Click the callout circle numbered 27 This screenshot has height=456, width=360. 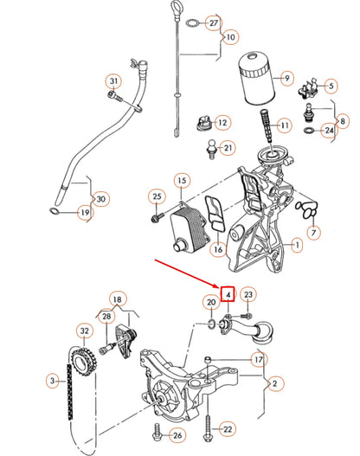(214, 22)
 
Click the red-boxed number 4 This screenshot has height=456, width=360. (227, 295)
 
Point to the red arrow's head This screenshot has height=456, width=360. (220, 287)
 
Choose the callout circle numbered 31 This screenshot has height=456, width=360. (113, 82)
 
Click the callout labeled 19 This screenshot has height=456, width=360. (85, 212)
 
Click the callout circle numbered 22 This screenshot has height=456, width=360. (228, 428)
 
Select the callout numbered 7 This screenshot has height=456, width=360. (313, 232)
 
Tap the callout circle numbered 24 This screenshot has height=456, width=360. (329, 131)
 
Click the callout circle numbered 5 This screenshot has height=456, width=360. (329, 86)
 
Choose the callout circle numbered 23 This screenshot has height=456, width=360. (248, 296)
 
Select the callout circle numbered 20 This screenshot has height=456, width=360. (210, 302)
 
